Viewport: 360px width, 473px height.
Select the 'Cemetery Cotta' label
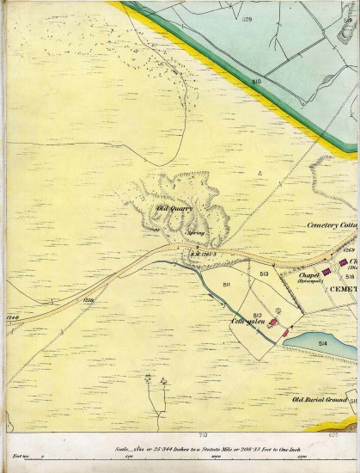point(332,225)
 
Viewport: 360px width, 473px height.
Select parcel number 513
point(265,273)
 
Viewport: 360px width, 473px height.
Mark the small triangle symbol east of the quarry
point(259,173)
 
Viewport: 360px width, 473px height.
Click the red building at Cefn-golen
point(274,322)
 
